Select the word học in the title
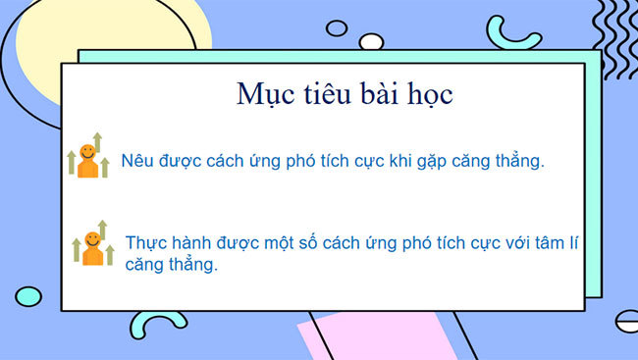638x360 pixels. [x=428, y=95]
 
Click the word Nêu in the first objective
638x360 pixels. [x=137, y=160]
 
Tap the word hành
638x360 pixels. [x=191, y=243]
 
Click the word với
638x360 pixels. [x=516, y=243]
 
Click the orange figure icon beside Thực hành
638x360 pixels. [x=92, y=246]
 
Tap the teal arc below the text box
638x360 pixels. [x=162, y=324]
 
